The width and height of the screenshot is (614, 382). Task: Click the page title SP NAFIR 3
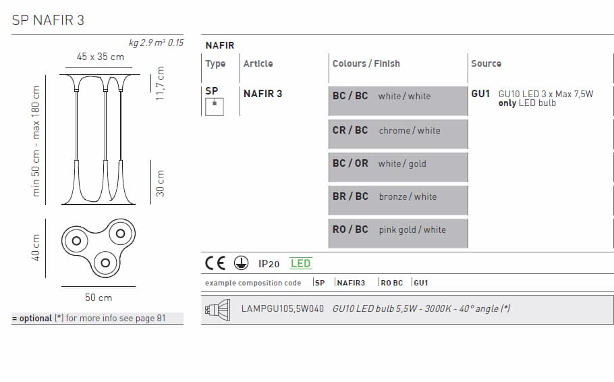(48, 20)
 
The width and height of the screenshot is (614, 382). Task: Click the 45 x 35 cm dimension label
(101, 57)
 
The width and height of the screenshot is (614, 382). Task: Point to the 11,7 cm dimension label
(160, 83)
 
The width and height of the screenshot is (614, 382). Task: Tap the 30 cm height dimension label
(160, 183)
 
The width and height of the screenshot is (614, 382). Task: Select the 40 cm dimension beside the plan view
(36, 247)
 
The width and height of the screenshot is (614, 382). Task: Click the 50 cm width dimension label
(99, 297)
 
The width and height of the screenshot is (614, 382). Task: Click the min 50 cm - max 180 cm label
(36, 141)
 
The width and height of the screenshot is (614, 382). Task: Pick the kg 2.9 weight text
(138, 43)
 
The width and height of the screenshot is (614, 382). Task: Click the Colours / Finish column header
(366, 63)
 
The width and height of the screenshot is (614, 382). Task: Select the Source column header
(486, 63)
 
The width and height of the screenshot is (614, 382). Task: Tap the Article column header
(258, 63)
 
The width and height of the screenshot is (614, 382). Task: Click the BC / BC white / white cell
(398, 97)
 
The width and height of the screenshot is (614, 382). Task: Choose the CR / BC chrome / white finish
(398, 130)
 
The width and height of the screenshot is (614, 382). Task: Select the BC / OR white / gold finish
(398, 163)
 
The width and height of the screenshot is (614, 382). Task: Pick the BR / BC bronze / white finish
(398, 196)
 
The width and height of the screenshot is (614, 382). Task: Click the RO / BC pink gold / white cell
(398, 229)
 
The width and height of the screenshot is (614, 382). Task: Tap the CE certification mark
(216, 263)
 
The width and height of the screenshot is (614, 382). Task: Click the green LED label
(300, 263)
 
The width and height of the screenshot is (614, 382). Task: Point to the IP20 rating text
(269, 264)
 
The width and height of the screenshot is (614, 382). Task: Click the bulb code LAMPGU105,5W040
(282, 308)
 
